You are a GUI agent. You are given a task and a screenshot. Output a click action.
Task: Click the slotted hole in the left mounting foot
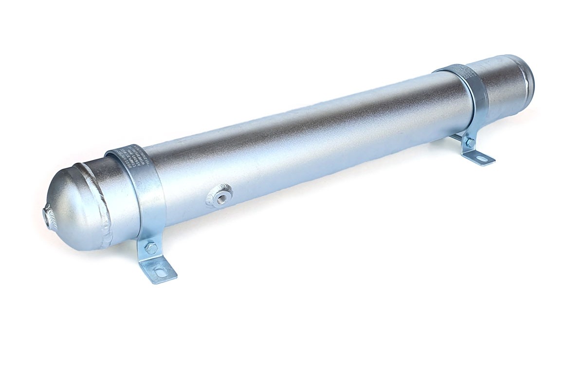(159, 271)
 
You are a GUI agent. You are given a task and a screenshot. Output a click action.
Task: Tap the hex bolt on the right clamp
(469, 142)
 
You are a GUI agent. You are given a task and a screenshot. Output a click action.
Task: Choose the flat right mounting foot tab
(479, 157)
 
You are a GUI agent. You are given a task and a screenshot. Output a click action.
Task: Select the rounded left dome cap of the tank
(73, 209)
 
